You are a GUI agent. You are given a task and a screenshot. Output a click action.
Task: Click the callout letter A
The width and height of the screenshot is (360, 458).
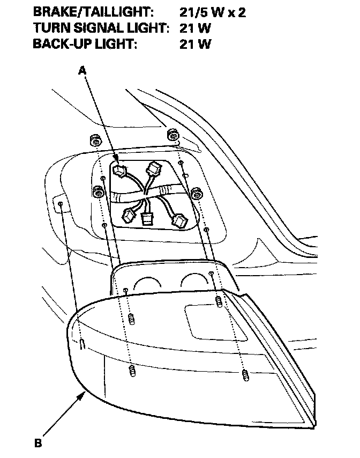(82, 70)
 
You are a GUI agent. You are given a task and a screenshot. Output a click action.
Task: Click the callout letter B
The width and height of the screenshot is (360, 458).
(38, 443)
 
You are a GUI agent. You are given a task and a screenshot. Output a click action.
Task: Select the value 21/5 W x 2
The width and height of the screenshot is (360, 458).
(213, 12)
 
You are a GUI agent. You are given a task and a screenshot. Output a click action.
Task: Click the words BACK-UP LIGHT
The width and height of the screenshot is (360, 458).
(85, 44)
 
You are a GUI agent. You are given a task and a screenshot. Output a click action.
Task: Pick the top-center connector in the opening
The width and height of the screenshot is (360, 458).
(155, 169)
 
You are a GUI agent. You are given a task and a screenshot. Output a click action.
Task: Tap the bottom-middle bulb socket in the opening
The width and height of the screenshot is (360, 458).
(146, 218)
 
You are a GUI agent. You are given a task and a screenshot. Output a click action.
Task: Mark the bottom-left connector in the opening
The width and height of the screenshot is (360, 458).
(129, 216)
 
